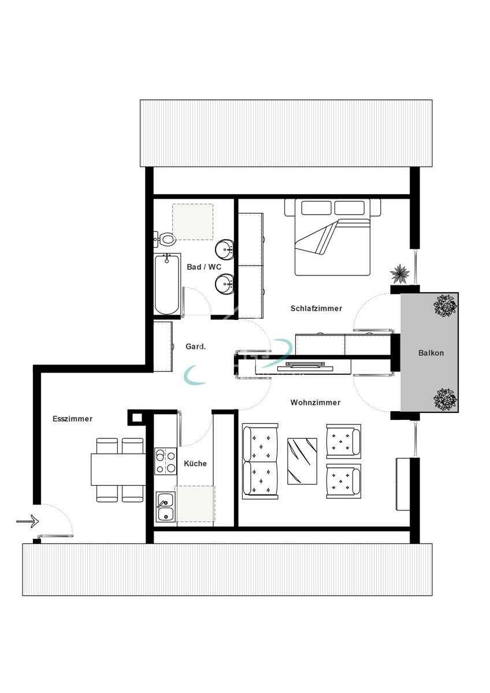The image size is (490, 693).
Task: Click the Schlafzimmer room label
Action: (316, 308)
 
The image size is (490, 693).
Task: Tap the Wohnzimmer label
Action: (315, 403)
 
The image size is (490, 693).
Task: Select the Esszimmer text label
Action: (72, 419)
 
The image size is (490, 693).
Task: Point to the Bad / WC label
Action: (204, 267)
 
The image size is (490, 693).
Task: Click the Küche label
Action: (195, 463)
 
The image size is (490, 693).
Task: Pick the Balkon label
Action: (431, 353)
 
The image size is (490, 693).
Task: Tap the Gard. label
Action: (196, 346)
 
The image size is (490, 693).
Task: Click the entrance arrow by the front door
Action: (27, 521)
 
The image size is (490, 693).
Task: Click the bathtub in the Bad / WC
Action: (167, 284)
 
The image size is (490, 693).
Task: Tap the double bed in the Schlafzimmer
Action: (332, 237)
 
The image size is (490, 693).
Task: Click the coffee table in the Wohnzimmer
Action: (302, 460)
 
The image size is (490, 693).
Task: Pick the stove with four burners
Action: (165, 461)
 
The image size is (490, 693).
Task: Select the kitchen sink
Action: (165, 507)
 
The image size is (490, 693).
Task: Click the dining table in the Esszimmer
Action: (118, 470)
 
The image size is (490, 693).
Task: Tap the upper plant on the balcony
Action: (445, 305)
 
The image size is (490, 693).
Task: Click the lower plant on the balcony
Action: (445, 399)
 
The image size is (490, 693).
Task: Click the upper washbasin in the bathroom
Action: (224, 249)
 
